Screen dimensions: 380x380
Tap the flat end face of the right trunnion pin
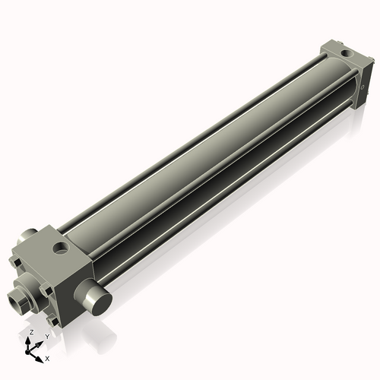tap(100, 302)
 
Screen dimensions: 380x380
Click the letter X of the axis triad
tap(47, 357)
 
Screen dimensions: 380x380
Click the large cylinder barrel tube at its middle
tap(205, 152)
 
